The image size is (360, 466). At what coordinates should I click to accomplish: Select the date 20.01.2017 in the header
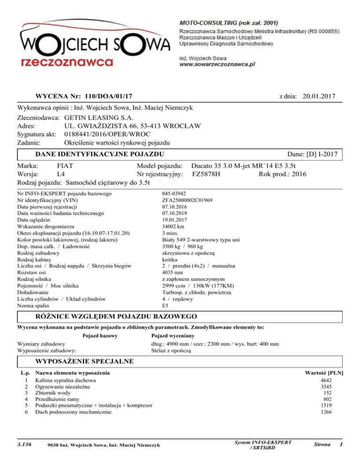click(322, 96)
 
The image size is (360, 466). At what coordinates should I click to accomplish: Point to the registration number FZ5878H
click(210, 174)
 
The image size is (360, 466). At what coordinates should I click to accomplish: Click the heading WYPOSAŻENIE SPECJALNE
click(85, 361)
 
